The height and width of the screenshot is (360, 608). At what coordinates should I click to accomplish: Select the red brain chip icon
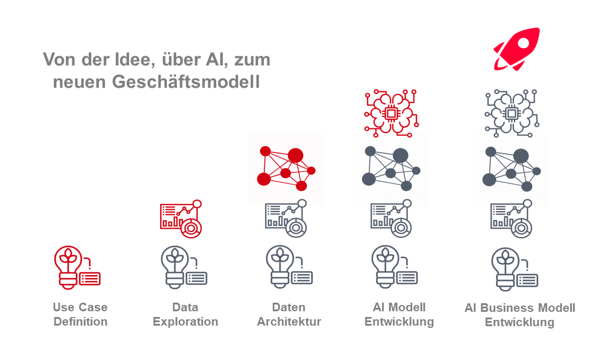(391, 113)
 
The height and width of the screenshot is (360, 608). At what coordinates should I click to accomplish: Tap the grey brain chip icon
(511, 114)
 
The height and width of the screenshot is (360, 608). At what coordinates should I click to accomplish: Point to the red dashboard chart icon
(181, 218)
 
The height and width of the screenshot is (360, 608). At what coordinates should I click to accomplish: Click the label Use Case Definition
(80, 314)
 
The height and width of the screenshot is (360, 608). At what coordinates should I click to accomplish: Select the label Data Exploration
(185, 314)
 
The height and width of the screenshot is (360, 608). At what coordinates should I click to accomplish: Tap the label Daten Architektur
(289, 314)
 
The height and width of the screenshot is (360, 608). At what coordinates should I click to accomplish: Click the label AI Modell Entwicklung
(399, 314)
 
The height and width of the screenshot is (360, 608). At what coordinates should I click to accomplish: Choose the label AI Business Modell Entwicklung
(520, 315)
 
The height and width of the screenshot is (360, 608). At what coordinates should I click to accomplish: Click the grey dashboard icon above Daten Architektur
(286, 218)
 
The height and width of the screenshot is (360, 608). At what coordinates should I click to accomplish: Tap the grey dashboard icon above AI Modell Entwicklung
(391, 218)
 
